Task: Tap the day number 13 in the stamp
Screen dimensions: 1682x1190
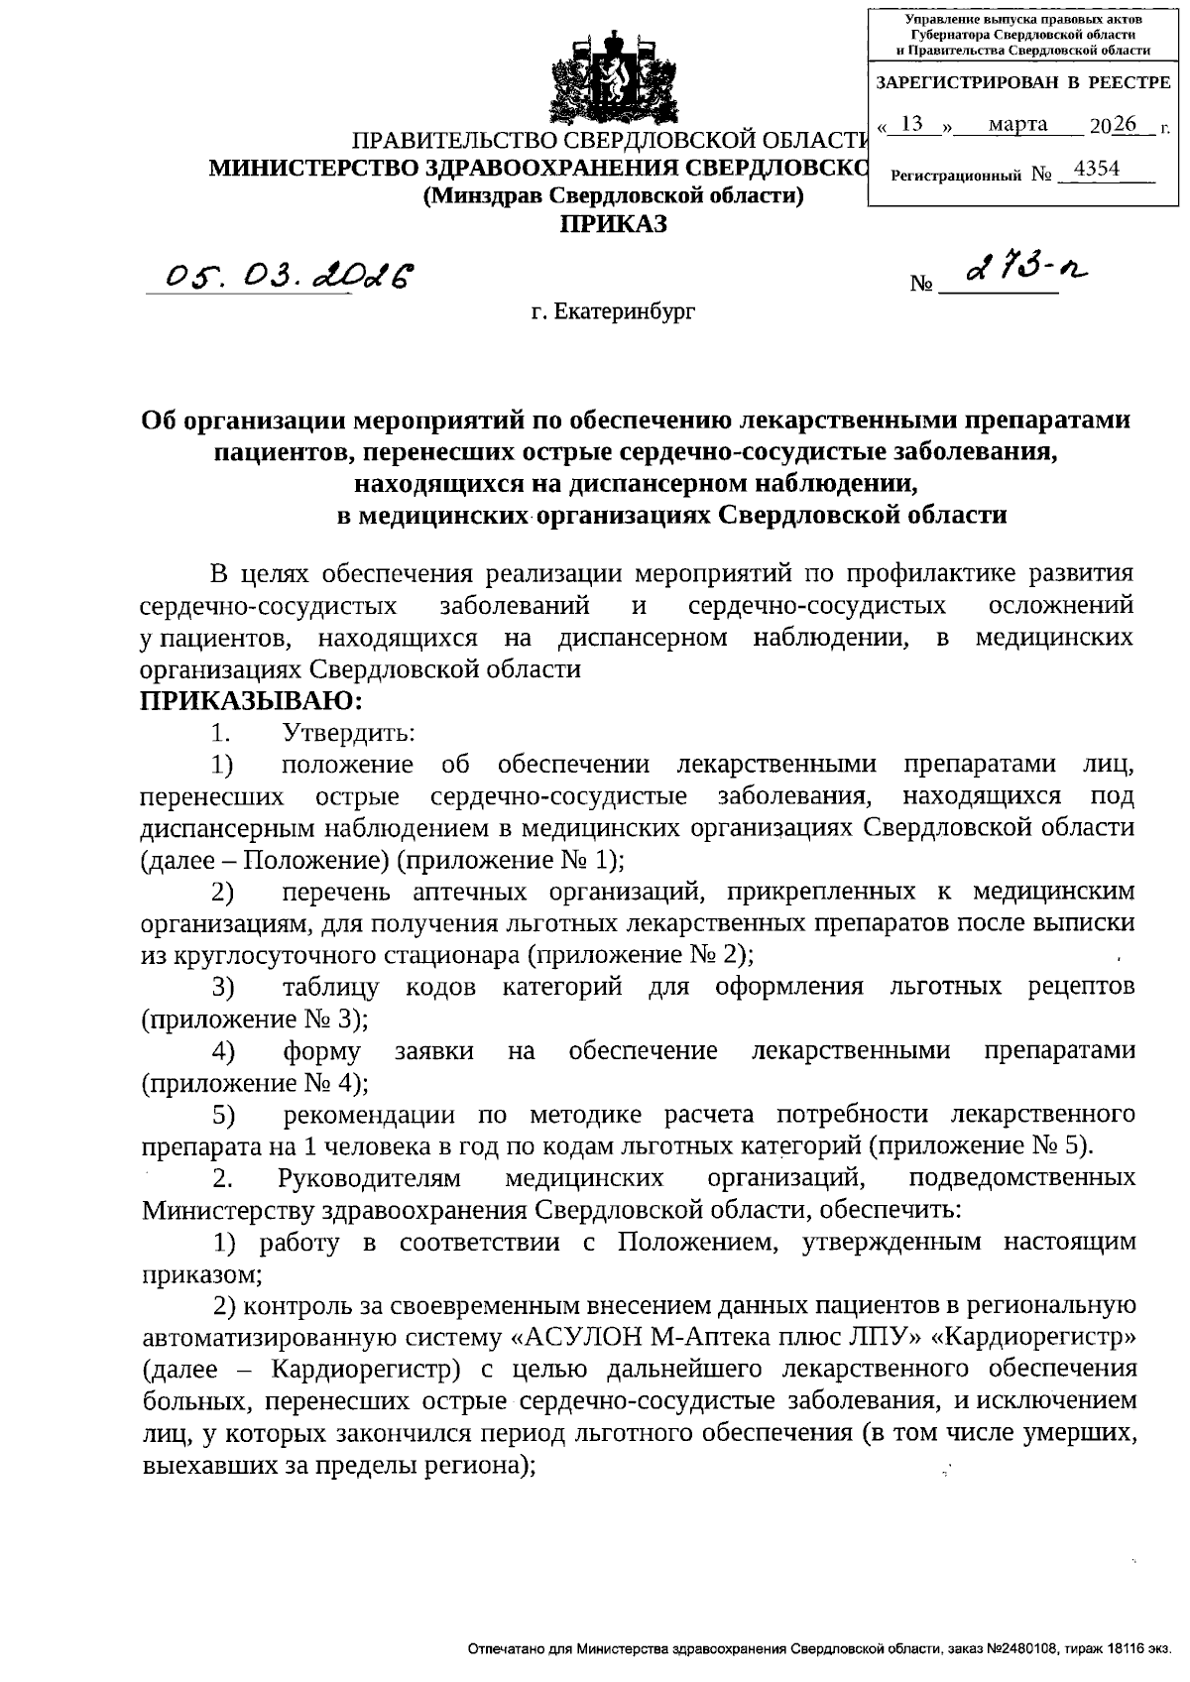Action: (x=913, y=124)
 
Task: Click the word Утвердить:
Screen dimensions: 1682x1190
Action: (x=348, y=734)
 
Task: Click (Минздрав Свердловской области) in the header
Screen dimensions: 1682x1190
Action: (x=613, y=195)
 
